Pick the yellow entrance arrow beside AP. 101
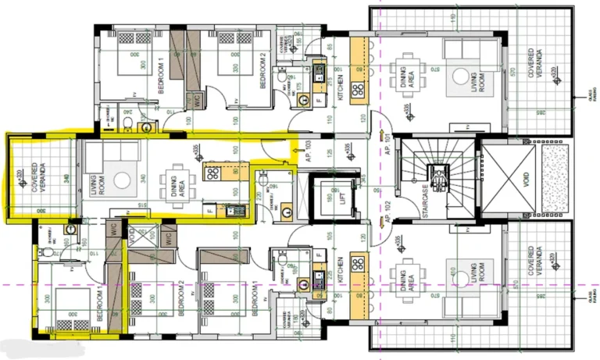(x=381, y=122)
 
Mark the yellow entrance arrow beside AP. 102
(x=381, y=224)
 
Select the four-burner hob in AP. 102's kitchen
(x=359, y=262)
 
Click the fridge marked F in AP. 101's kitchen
(x=319, y=100)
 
